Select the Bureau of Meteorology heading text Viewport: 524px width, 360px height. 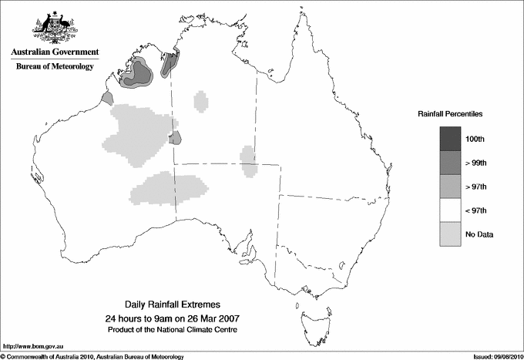55,67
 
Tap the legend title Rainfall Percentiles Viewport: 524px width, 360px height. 450,114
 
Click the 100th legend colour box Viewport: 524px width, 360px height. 450,139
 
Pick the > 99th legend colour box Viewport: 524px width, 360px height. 450,163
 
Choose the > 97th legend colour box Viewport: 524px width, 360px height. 450,186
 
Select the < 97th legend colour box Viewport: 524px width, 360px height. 450,210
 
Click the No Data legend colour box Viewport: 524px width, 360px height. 450,234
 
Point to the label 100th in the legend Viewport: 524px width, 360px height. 475,139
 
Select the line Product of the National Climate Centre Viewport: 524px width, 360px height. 177,330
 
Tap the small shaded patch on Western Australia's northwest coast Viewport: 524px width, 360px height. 107,98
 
